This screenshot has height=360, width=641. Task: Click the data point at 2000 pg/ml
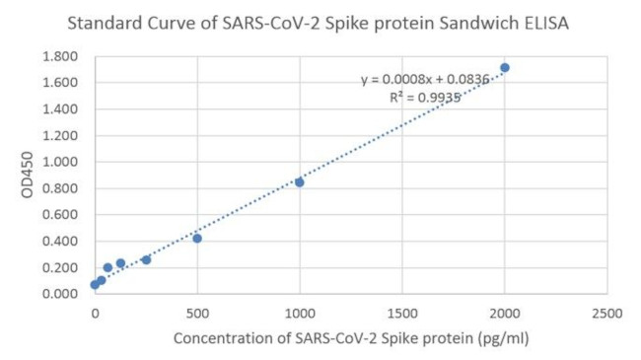pos(505,68)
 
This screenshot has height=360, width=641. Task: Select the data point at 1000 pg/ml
pos(300,182)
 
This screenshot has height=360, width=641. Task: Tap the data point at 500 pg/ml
pos(197,238)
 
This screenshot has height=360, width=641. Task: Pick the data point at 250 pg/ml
pos(146,259)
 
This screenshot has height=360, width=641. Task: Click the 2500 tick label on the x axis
pos(607,314)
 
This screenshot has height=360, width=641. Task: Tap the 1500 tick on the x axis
pos(402,314)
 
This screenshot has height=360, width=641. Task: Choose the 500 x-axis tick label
pos(197,314)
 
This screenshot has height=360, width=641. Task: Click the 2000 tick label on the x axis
pos(505,314)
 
